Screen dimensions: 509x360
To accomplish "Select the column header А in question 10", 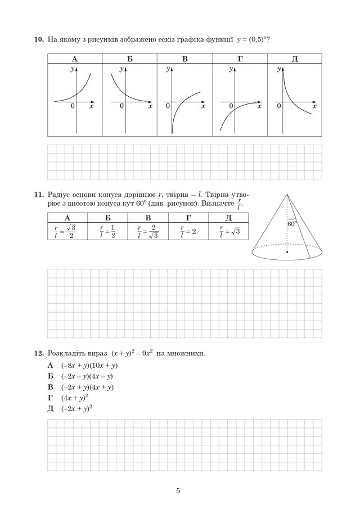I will tap(74, 59).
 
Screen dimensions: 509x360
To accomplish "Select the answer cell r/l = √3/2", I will tap(67, 232).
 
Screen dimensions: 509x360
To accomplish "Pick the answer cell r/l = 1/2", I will tap(107, 232).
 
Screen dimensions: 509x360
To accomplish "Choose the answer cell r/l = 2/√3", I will tap(148, 232).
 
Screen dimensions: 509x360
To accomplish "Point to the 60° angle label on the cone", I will tap(291, 224).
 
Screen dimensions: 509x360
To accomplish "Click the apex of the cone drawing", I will tap(287, 195).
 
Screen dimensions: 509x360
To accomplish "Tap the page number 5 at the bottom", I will tap(178, 491).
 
